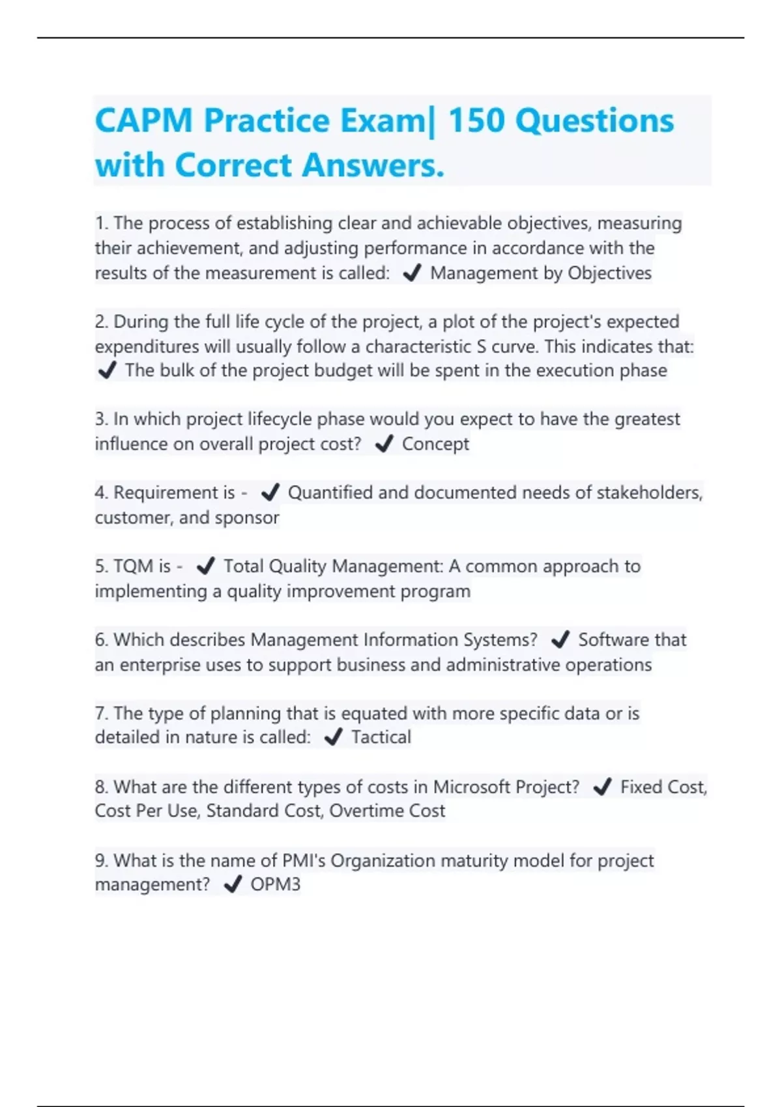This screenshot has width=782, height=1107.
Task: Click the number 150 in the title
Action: [x=476, y=121]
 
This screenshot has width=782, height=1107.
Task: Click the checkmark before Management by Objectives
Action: [x=412, y=273]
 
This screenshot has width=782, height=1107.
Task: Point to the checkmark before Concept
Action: [x=384, y=444]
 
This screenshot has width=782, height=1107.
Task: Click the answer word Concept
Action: [x=435, y=444]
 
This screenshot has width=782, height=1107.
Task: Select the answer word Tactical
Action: [x=381, y=737]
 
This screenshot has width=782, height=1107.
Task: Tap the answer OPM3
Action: [x=276, y=884]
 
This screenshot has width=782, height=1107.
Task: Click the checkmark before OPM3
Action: [x=233, y=885]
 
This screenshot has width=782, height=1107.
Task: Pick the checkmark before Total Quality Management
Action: [x=205, y=567]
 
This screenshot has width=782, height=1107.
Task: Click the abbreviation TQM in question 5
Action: [x=133, y=567]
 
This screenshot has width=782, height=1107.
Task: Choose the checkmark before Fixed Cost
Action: [x=602, y=787]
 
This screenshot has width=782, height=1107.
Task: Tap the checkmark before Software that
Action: [x=560, y=640]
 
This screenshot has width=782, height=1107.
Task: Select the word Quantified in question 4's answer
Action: [x=330, y=493]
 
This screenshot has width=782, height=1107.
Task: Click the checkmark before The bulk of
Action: [x=107, y=371]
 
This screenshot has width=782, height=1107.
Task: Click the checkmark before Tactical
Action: [x=333, y=738]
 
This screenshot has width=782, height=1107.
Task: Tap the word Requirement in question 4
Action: [x=174, y=493]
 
